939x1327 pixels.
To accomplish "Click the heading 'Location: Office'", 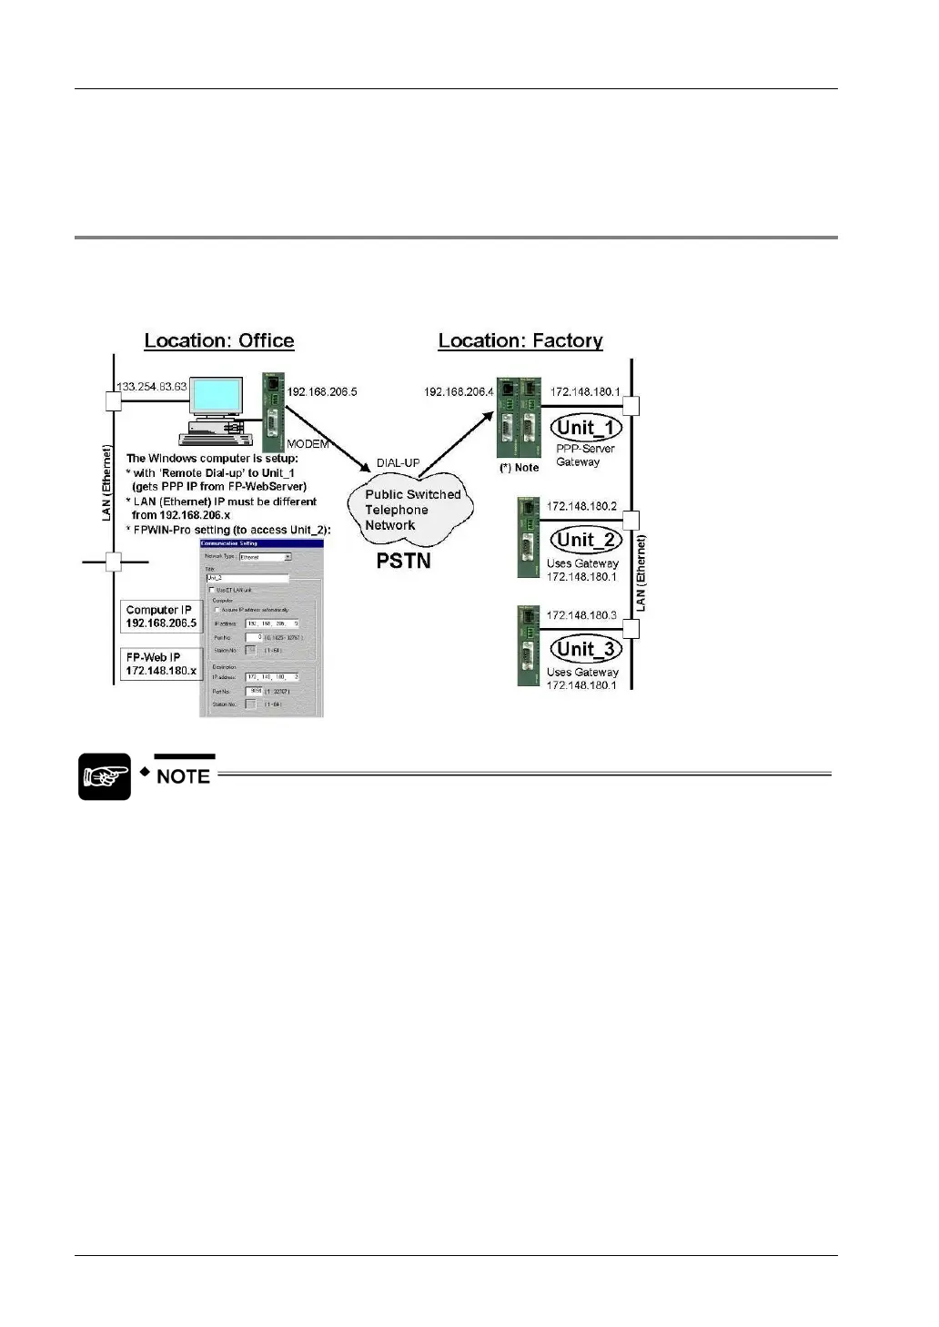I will click(219, 341).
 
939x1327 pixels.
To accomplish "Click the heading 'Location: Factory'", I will click(520, 341).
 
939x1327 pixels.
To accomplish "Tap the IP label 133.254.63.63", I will click(152, 387).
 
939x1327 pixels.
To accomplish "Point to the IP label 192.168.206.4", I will click(459, 392).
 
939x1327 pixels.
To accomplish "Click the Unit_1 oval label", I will click(588, 428).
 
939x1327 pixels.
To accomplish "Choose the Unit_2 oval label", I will click(588, 540).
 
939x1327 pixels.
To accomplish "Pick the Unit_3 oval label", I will click(588, 649).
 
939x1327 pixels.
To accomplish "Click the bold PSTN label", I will click(404, 561).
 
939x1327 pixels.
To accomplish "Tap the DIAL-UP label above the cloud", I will click(399, 463).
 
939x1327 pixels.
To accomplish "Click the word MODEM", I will click(308, 444).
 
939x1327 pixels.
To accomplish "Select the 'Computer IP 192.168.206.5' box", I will click(161, 617).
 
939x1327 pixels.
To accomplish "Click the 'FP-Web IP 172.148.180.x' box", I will click(161, 664).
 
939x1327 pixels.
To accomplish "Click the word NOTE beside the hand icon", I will click(184, 776).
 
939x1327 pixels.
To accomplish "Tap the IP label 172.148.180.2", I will click(581, 506).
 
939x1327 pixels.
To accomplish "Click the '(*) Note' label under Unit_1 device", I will click(519, 468).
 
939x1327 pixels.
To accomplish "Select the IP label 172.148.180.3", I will click(581, 615).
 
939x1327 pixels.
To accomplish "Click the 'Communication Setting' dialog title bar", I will click(261, 543).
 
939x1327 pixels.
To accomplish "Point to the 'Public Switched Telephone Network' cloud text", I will click(411, 510).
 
